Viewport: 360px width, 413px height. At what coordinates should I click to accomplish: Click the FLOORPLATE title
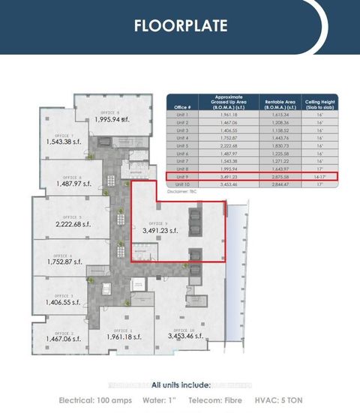180,25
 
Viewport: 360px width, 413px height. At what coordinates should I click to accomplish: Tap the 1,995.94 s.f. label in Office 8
110,119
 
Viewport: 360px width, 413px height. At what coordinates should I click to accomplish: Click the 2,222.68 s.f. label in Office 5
77,224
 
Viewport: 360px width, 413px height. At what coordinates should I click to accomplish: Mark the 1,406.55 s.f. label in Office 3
64,302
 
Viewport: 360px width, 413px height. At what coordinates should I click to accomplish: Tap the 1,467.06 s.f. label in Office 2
65,339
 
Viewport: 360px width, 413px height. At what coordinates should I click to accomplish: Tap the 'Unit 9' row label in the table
182,177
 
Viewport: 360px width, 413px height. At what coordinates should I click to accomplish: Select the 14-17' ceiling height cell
321,177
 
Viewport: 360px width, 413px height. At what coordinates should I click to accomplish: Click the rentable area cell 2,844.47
276,184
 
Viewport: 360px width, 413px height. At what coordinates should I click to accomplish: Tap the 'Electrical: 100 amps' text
95,400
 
